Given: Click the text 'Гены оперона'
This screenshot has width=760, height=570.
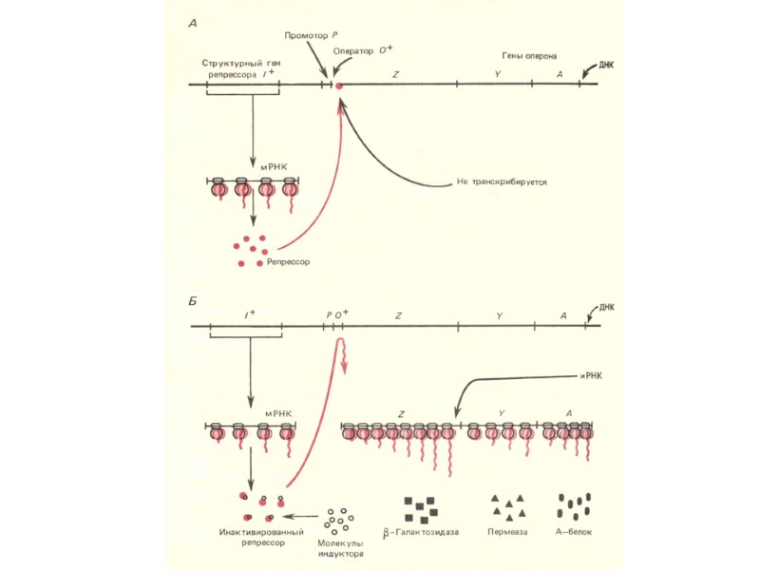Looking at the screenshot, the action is [529, 57].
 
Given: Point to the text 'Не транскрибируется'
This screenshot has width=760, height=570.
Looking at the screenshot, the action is [501, 180].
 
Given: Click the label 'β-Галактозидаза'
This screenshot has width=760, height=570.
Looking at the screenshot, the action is [421, 532].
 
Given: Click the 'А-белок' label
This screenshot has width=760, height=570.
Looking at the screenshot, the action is [574, 532].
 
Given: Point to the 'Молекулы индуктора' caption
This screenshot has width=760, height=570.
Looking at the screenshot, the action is [339, 547].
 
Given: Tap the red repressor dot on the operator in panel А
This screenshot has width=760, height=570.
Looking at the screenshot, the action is [338, 86].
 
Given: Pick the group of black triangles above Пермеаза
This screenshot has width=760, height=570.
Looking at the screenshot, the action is [507, 506].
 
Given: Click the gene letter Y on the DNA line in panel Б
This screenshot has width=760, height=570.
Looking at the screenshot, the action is [499, 314].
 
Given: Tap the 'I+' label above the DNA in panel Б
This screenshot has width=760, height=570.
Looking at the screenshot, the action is [250, 313].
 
